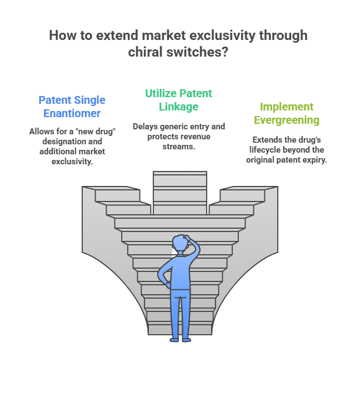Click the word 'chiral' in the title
click(145, 52)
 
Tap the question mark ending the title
click(224, 52)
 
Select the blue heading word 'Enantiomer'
click(72, 113)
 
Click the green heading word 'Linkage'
click(179, 107)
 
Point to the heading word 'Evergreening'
click(287, 120)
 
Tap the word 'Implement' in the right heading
click(287, 107)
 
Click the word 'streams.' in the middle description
click(179, 147)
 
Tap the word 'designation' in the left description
click(58, 142)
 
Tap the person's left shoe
click(174, 340)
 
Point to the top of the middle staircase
click(180, 173)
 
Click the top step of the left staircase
click(111, 188)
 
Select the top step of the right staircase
click(249, 188)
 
